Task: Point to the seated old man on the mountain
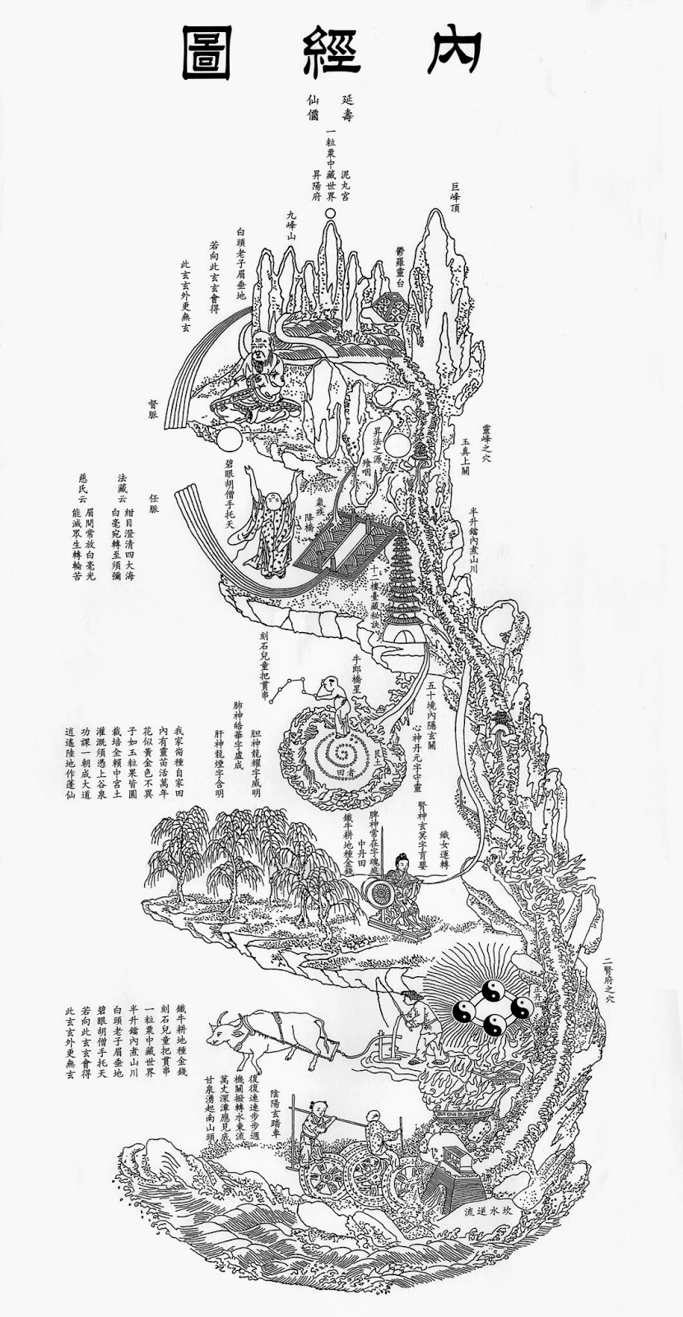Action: point(264,367)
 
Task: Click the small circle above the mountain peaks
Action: point(331,214)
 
